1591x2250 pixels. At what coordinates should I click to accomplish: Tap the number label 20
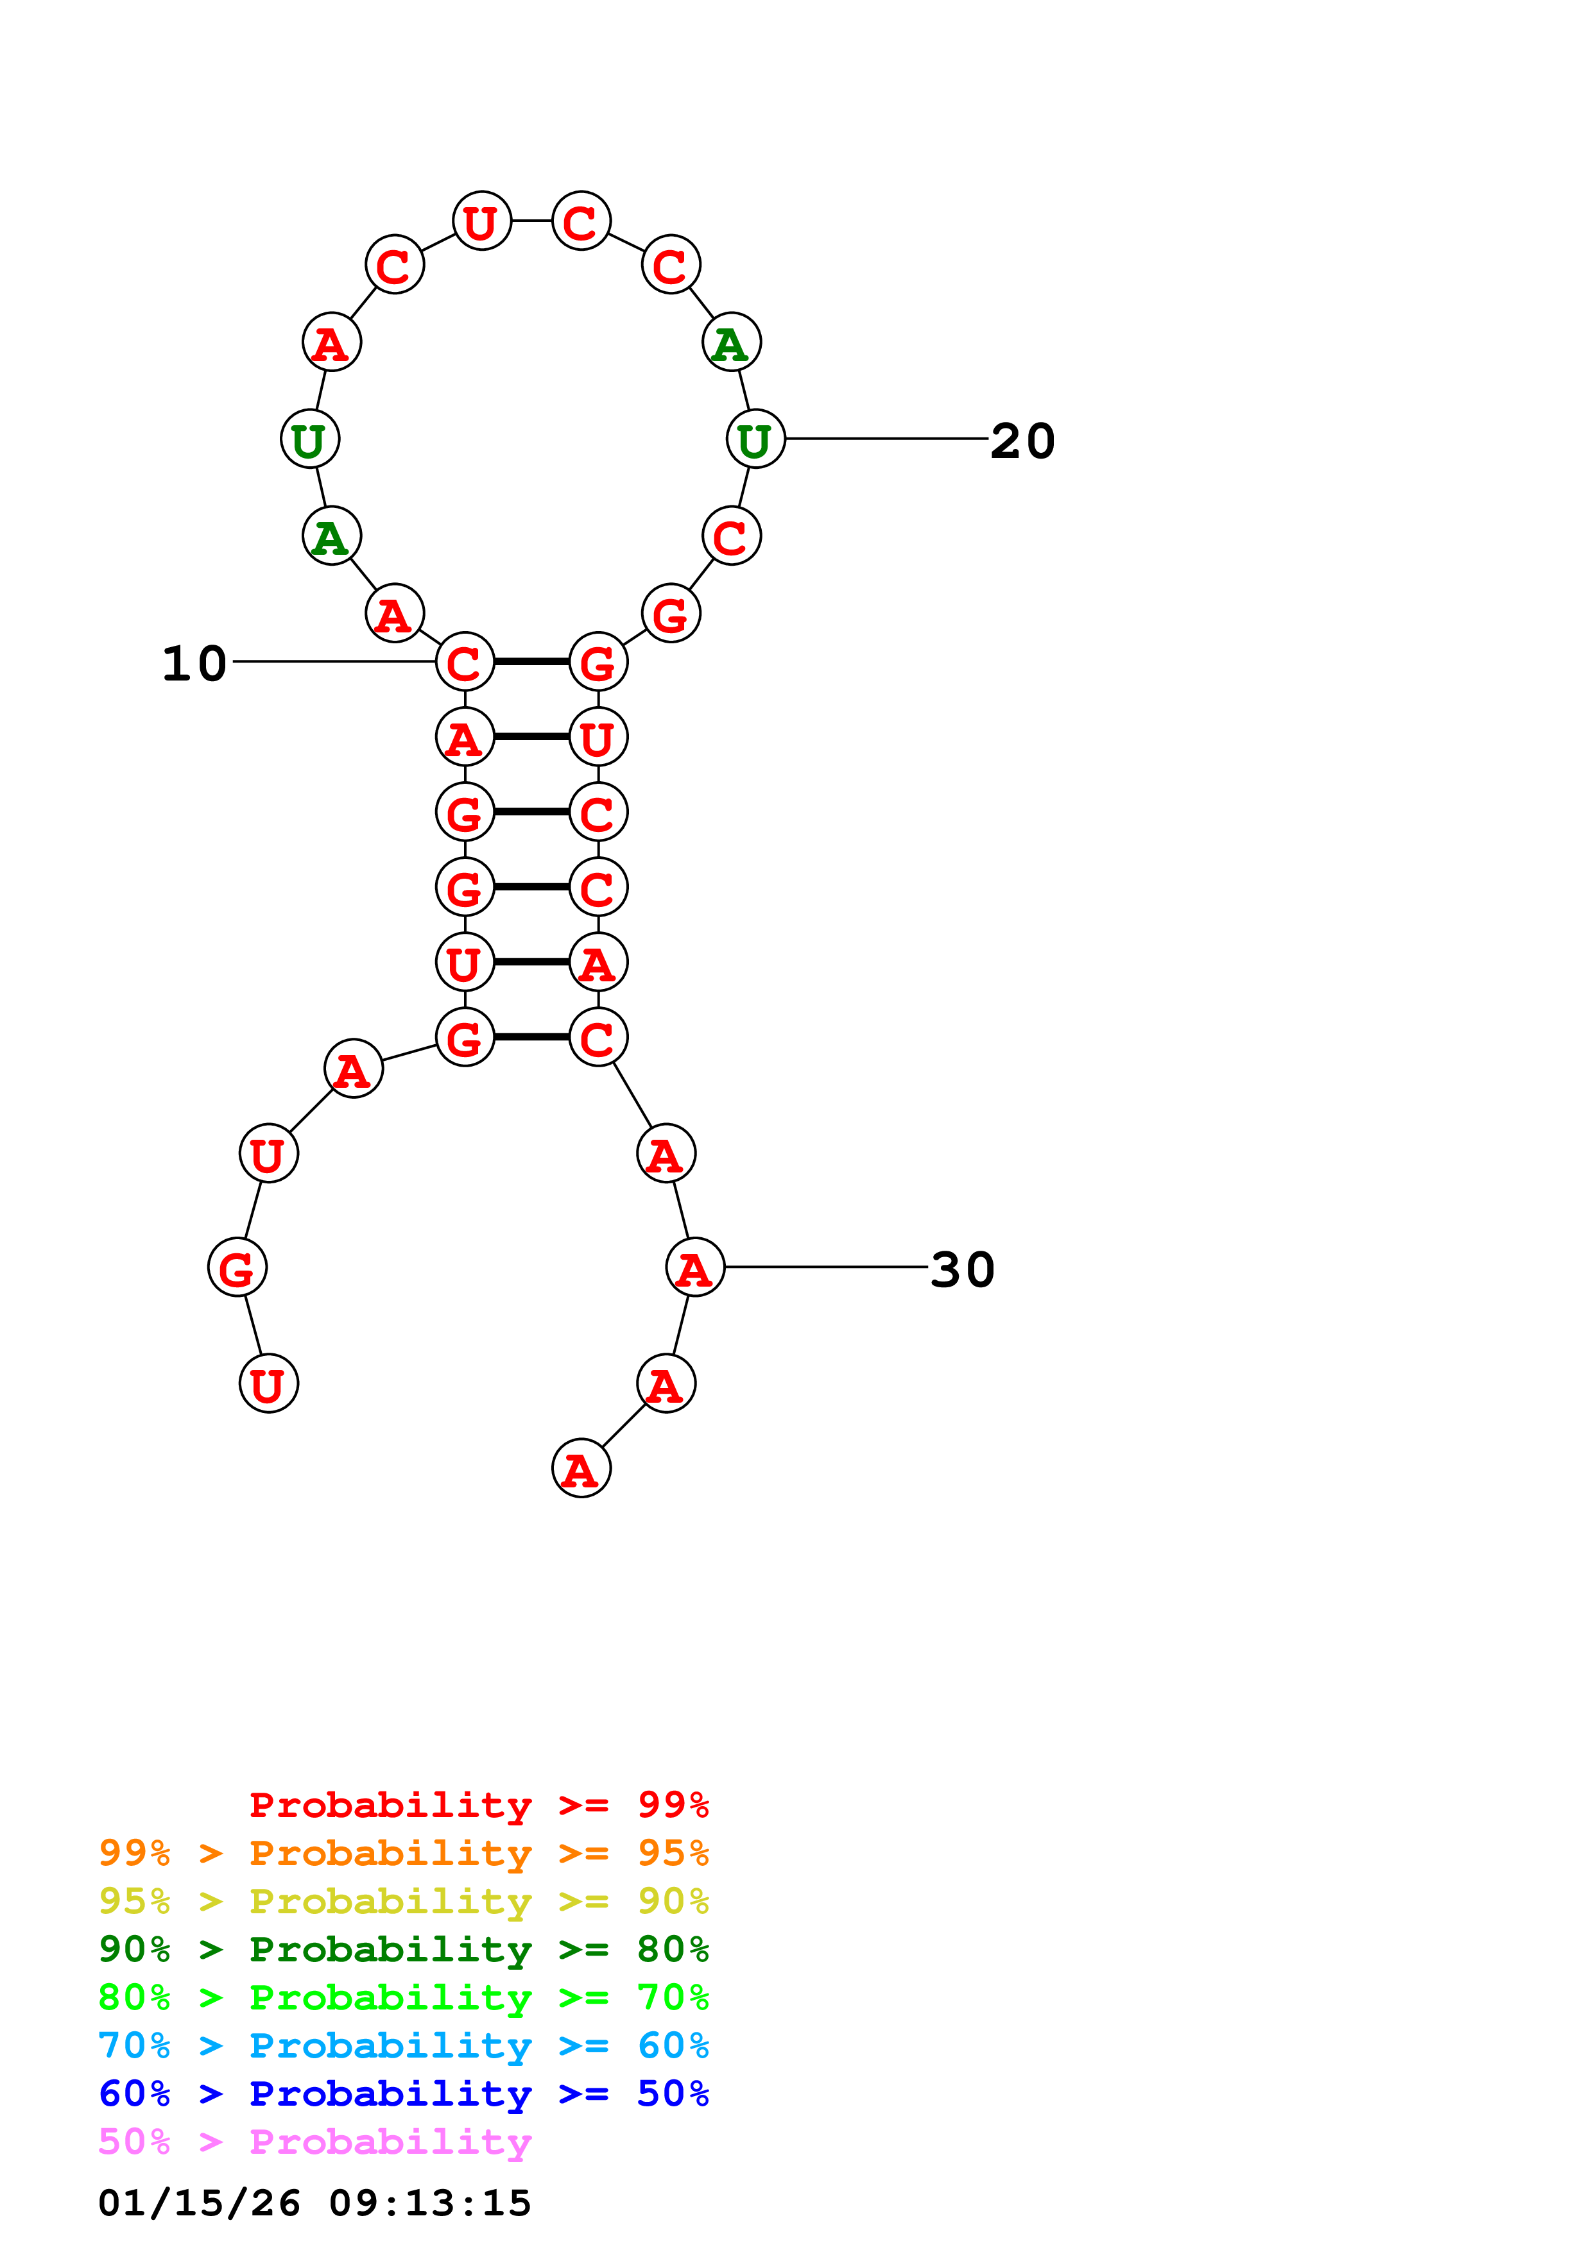pyautogui.click(x=1022, y=441)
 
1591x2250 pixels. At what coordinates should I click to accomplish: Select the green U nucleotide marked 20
pyautogui.click(x=756, y=440)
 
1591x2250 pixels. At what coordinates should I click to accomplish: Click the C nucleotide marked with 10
pyautogui.click(x=465, y=663)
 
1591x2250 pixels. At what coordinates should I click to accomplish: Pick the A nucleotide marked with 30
pyautogui.click(x=695, y=1268)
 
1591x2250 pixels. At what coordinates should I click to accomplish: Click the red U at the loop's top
pyautogui.click(x=482, y=221)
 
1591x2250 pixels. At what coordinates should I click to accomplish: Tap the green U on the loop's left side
pyautogui.click(x=310, y=440)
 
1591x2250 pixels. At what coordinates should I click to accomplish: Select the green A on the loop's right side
pyautogui.click(x=731, y=343)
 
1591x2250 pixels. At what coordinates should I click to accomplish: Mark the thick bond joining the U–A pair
pyautogui.click(x=531, y=962)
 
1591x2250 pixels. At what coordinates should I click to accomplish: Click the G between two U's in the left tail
pyautogui.click(x=237, y=1268)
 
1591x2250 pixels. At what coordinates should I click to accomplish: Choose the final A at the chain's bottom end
pyautogui.click(x=581, y=1469)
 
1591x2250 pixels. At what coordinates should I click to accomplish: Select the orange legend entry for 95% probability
pyautogui.click(x=403, y=1853)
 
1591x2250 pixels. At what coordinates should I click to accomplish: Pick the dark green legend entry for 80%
pyautogui.click(x=403, y=1949)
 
